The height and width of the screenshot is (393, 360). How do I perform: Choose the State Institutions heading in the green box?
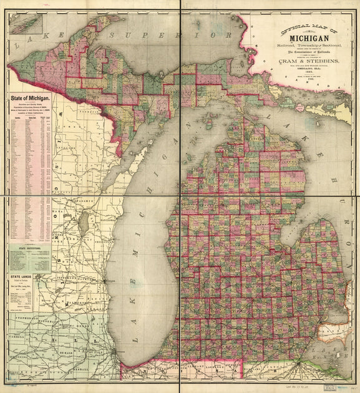point(29,248)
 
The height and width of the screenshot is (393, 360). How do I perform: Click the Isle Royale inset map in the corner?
point(25,24)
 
